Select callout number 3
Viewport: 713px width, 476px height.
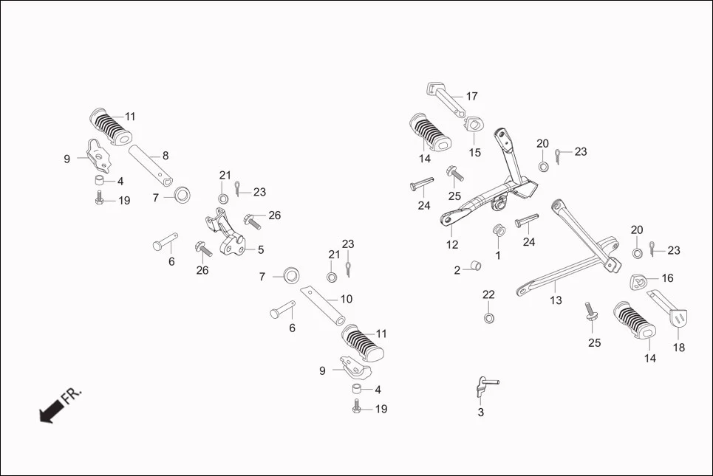point(480,413)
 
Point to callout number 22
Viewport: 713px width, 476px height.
point(488,294)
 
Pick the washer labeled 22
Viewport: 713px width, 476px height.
point(488,318)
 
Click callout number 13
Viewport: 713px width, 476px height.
point(556,300)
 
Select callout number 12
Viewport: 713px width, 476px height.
point(451,244)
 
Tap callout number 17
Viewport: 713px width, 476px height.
point(471,97)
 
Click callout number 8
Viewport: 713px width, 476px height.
point(166,156)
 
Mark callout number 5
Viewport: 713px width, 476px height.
point(260,250)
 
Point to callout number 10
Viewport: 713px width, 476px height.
point(346,300)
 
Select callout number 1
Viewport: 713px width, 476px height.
point(497,255)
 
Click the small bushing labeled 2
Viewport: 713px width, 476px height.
point(477,267)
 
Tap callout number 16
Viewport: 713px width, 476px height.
point(667,278)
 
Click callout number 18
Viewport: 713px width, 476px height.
point(678,348)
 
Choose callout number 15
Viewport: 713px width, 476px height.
point(474,153)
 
